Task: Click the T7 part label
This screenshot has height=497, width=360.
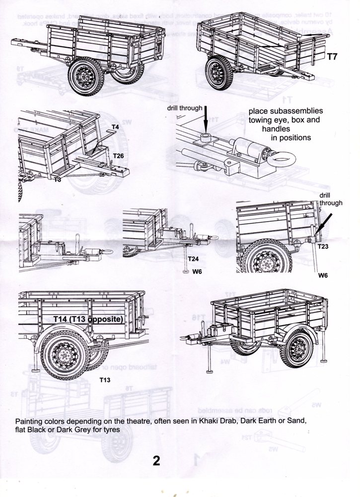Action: tap(332, 57)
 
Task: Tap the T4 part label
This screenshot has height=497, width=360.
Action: tap(115, 127)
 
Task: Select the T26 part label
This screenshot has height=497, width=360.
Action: tap(119, 156)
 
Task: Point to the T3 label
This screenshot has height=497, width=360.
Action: tap(58, 179)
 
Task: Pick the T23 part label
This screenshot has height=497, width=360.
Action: tap(323, 247)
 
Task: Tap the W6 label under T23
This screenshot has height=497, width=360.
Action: tap(323, 275)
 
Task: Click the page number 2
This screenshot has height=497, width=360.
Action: tap(156, 460)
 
